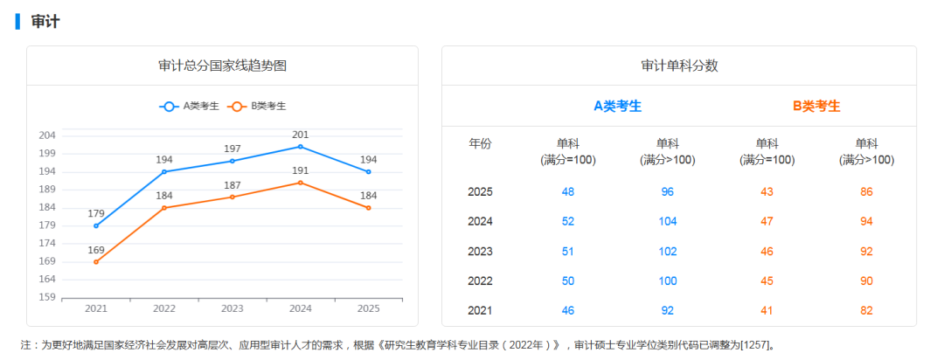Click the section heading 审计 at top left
point(45,22)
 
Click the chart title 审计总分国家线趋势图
point(222,66)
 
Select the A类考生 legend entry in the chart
point(190,106)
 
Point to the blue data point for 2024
point(301,146)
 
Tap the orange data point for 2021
point(96,261)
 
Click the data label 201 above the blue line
point(301,135)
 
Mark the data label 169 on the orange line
point(96,250)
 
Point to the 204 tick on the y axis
point(47,135)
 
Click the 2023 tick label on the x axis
point(233,308)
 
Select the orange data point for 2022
point(164,208)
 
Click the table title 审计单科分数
point(679,66)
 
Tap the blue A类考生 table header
point(618,106)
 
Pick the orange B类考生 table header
point(816,106)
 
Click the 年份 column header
point(481,143)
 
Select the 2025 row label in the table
point(481,191)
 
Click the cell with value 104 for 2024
point(668,221)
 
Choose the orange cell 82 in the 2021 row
point(866,310)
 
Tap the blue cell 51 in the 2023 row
point(568,251)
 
